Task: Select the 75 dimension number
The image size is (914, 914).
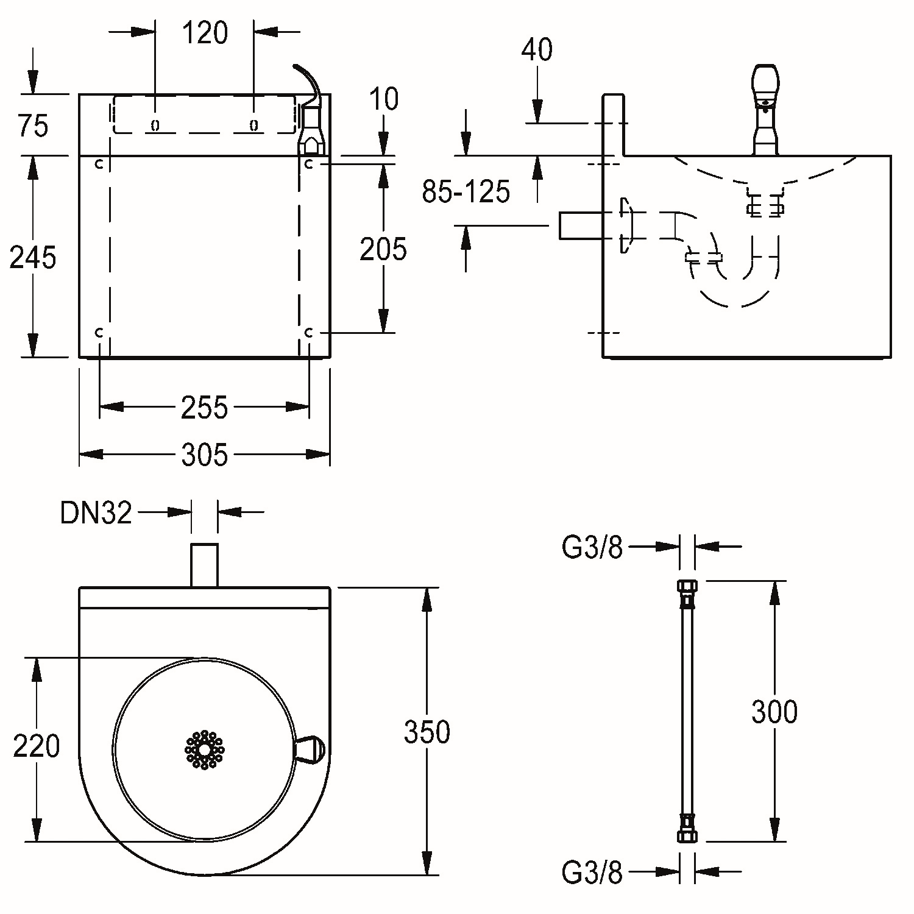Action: click(x=34, y=126)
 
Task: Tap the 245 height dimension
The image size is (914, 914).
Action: click(x=33, y=257)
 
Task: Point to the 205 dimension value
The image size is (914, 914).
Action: click(x=383, y=249)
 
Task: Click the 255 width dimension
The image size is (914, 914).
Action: click(x=204, y=408)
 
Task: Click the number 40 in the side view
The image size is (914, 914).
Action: click(x=537, y=50)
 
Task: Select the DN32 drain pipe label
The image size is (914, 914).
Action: click(x=96, y=513)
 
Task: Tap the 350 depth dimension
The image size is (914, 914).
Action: click(x=427, y=732)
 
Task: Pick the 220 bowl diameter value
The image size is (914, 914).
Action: click(x=37, y=746)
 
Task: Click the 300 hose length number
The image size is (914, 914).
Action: click(x=774, y=712)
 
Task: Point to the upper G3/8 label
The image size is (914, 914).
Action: click(x=592, y=548)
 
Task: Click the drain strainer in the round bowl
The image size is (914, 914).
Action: click(x=205, y=749)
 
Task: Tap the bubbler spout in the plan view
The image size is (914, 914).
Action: click(x=310, y=749)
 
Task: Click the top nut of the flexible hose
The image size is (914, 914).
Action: click(x=687, y=589)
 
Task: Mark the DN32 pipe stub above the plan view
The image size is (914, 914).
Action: click(x=205, y=565)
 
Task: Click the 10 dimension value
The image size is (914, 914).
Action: click(x=384, y=99)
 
